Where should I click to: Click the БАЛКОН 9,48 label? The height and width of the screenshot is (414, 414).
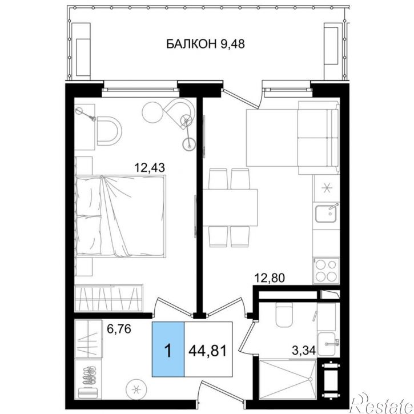click(x=206, y=44)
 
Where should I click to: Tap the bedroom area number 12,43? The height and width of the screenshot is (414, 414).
click(x=150, y=167)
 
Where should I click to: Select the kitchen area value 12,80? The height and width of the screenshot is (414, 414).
click(x=270, y=278)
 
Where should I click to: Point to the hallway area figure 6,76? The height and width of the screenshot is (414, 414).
click(x=119, y=329)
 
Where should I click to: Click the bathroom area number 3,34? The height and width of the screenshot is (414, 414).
click(x=304, y=351)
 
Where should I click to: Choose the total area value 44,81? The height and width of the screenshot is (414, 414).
click(x=208, y=351)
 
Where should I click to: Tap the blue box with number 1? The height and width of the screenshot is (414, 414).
click(x=168, y=349)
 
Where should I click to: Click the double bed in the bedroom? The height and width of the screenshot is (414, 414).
click(x=120, y=216)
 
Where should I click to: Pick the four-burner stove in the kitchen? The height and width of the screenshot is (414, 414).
click(x=326, y=271)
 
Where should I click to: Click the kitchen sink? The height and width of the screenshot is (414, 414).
click(x=326, y=214)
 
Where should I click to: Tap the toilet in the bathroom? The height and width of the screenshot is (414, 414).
click(x=284, y=315)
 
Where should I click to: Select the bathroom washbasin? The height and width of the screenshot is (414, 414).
click(x=327, y=344)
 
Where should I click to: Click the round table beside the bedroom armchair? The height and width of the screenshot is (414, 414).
click(x=152, y=112)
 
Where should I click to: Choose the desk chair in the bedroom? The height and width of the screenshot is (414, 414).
click(x=109, y=131)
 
